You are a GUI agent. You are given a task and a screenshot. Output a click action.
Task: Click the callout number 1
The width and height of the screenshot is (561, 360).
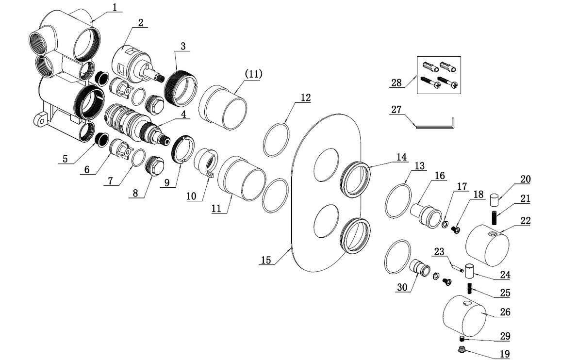point(115,7)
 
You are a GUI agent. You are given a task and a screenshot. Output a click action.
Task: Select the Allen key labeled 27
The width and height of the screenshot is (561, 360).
point(434,125)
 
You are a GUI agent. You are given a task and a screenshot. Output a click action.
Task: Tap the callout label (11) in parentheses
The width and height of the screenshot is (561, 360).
point(253,74)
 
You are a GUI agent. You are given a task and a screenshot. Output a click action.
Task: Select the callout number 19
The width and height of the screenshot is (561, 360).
point(504,354)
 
